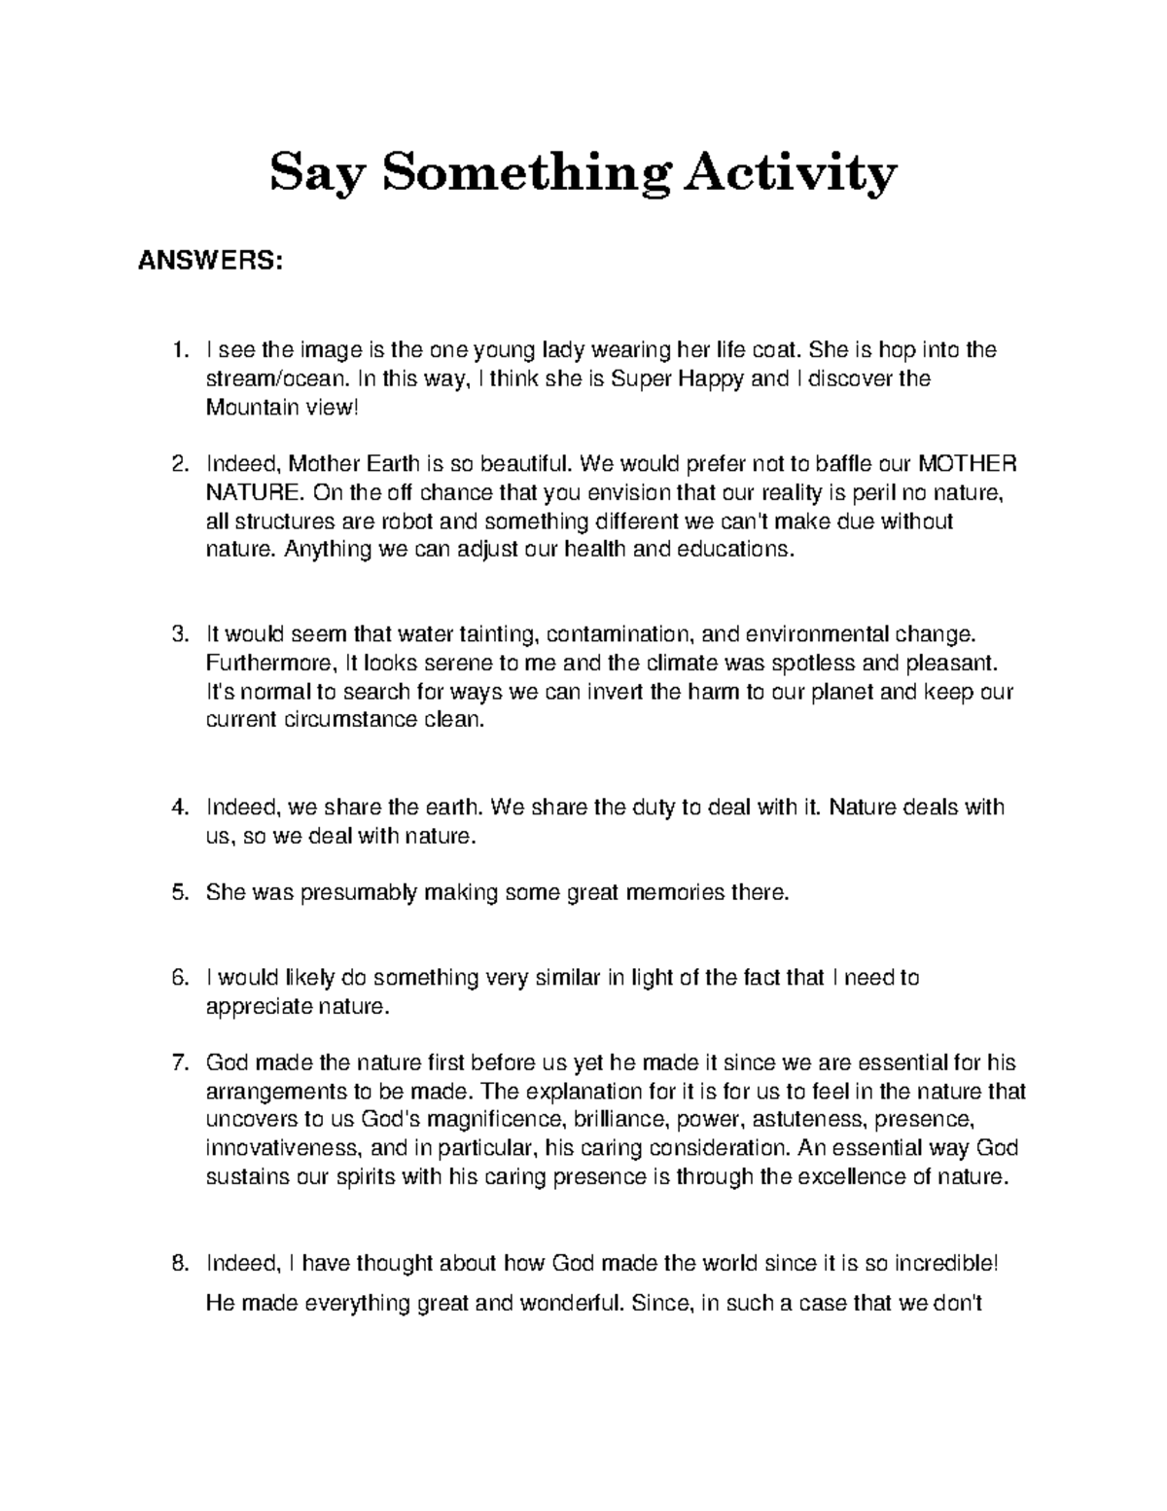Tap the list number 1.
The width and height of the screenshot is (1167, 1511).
coord(178,349)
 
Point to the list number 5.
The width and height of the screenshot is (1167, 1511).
coord(178,892)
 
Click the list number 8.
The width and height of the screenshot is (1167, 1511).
coord(178,1264)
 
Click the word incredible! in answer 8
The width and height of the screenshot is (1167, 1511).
coord(945,1264)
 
